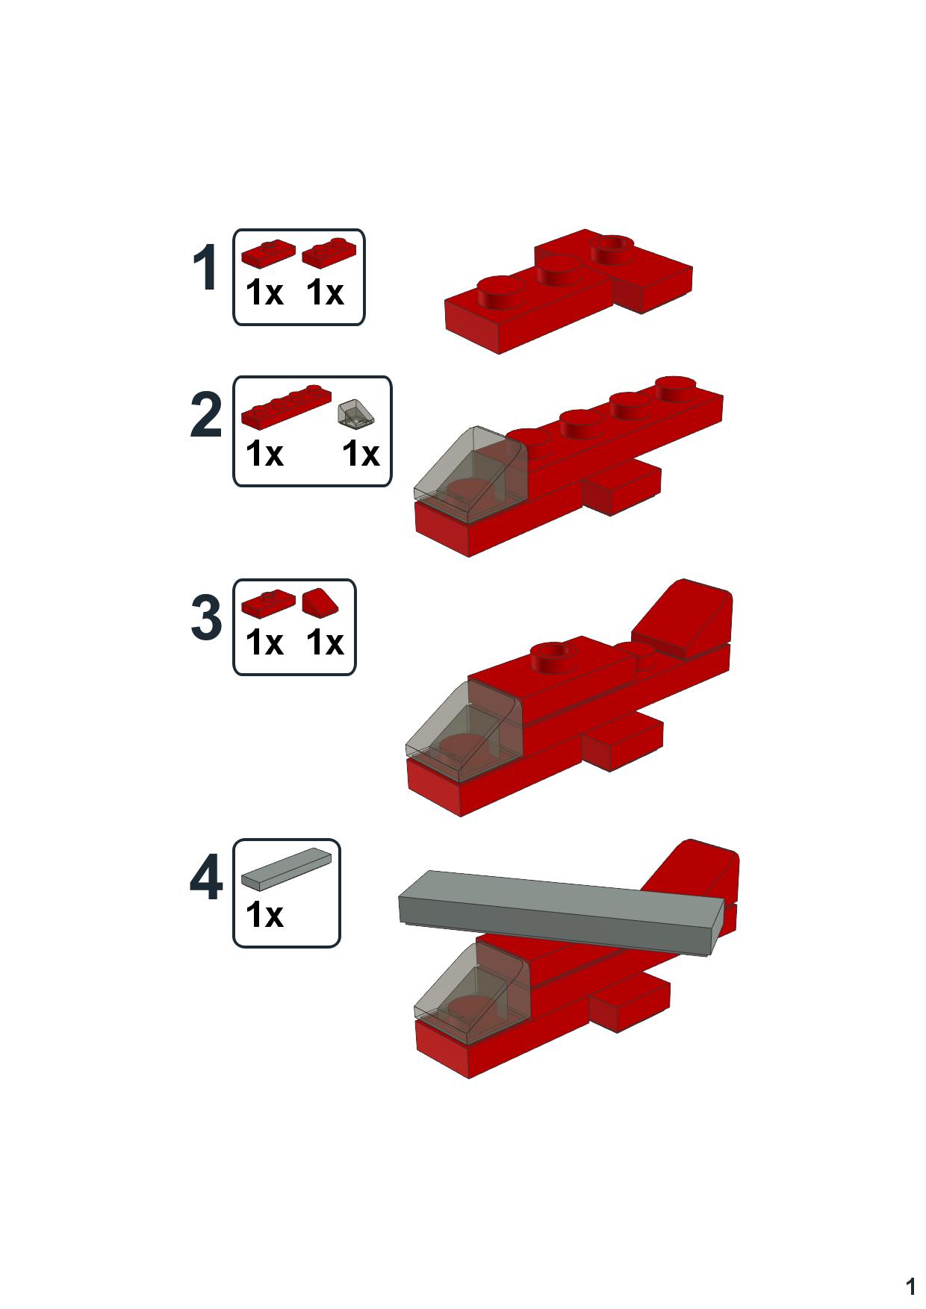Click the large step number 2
(206, 416)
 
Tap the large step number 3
(206, 619)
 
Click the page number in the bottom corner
(910, 1287)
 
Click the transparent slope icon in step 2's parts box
(356, 414)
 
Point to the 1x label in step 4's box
(264, 915)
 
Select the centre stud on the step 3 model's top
(554, 653)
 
